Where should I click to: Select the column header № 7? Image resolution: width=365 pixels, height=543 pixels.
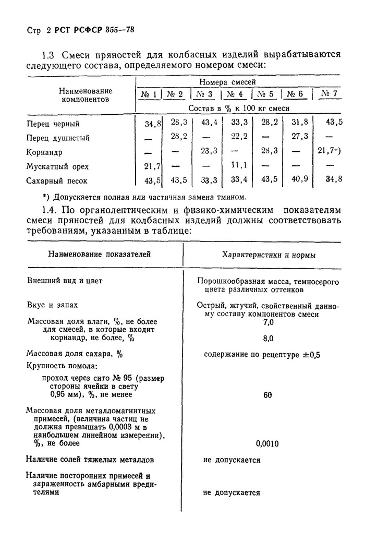[x=331, y=94]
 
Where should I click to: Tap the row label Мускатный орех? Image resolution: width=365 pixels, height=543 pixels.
[x=57, y=167]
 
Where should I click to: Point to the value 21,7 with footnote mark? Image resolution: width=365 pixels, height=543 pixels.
[x=328, y=151]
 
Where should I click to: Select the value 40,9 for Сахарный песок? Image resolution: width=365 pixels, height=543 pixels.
[x=299, y=180]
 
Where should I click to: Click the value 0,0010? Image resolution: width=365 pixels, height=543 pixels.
[x=267, y=444]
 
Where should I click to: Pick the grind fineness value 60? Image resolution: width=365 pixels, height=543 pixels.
[x=268, y=395]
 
